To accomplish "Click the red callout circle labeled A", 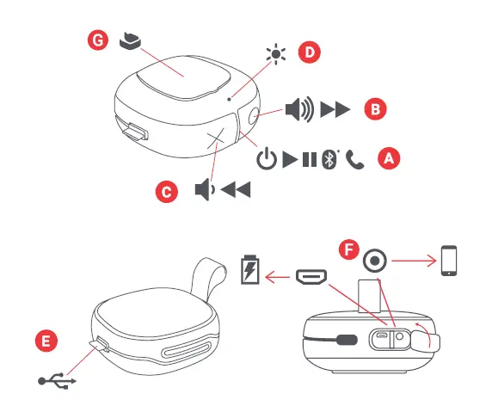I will click(x=390, y=158).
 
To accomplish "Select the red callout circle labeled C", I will click(x=167, y=192).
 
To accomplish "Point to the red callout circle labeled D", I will click(x=309, y=53).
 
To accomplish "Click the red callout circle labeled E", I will click(x=50, y=341).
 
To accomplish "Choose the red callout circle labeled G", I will click(x=99, y=40).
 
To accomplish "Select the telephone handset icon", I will click(x=353, y=160).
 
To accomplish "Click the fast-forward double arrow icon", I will click(x=335, y=109).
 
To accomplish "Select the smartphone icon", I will click(x=448, y=260).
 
